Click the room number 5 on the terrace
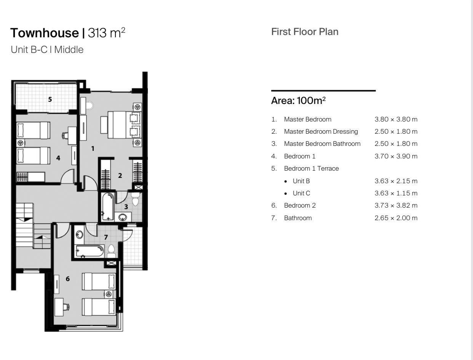[x=50, y=99]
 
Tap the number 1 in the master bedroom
[x=93, y=149]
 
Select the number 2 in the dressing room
[x=120, y=176]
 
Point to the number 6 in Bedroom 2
[x=68, y=279]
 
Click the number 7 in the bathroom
[x=106, y=237]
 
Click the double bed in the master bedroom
[x=125, y=125]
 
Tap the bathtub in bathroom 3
[x=108, y=207]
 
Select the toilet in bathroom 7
[x=112, y=251]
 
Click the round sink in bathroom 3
[x=123, y=217]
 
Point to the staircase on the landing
[x=33, y=226]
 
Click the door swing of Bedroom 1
[x=67, y=177]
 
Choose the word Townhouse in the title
[x=45, y=33]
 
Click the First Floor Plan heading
[x=305, y=32]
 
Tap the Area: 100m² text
[x=298, y=101]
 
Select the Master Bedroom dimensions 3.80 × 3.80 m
[x=396, y=119]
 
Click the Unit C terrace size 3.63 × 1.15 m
[x=396, y=193]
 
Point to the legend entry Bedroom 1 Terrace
[x=312, y=168]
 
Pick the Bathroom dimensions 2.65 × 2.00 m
[x=396, y=218]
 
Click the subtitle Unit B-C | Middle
[x=47, y=50]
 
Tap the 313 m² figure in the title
[x=107, y=32]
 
